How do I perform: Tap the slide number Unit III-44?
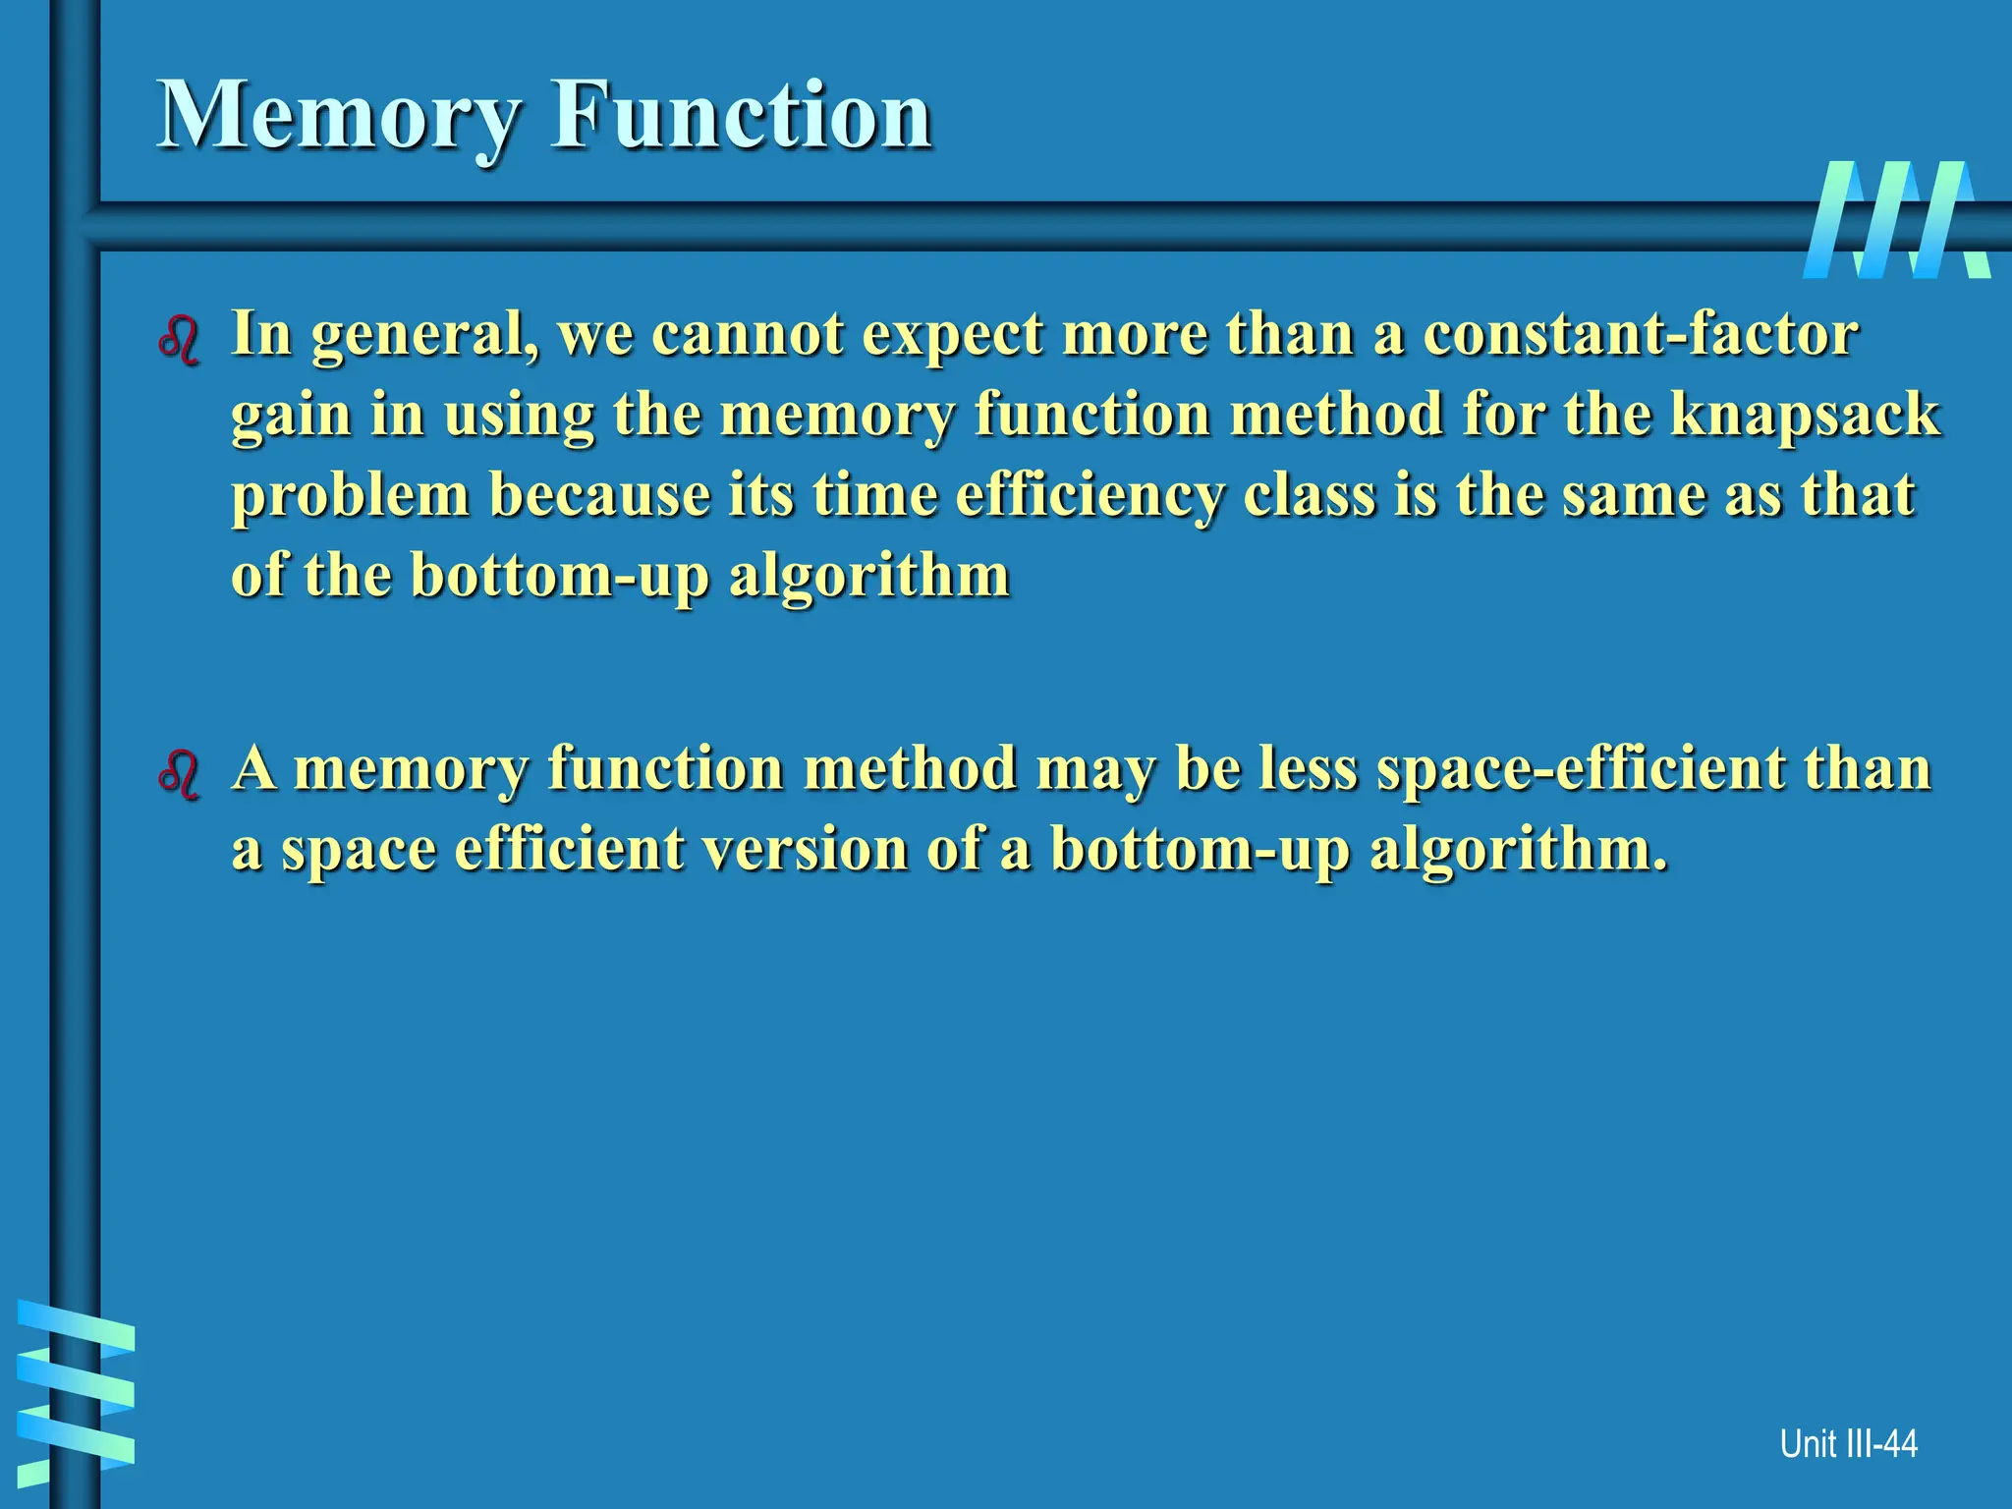pos(1848,1443)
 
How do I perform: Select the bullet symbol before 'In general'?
pos(179,340)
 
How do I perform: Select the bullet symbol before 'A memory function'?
pos(179,774)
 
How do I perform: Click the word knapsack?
pos(1805,415)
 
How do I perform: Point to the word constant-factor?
pos(1641,334)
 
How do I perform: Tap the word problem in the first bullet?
pos(351,495)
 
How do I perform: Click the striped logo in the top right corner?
pos(1895,219)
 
